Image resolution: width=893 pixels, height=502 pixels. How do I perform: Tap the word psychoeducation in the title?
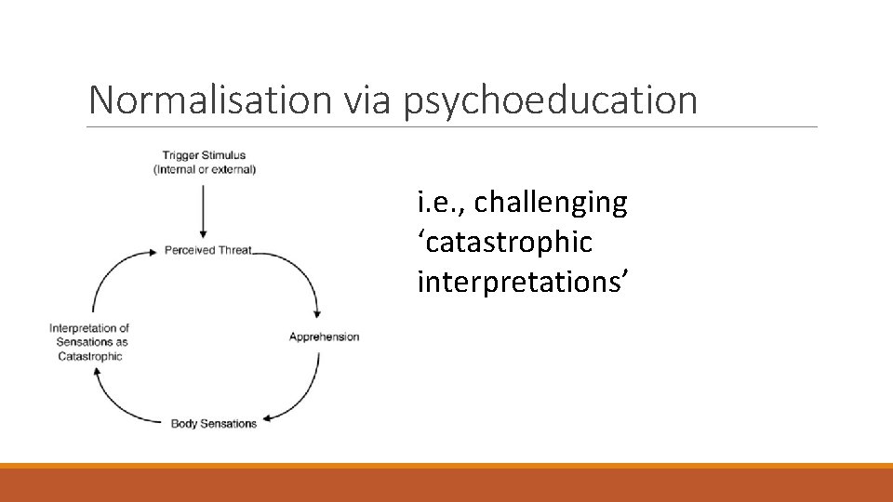pyautogui.click(x=551, y=99)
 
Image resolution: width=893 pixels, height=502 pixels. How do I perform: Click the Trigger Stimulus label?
pyautogui.click(x=205, y=155)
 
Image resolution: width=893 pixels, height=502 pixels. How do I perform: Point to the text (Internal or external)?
pyautogui.click(x=205, y=169)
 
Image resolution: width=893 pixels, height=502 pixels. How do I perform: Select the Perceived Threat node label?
pyautogui.click(x=208, y=250)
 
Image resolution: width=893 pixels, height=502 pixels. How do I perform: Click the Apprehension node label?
pyautogui.click(x=324, y=337)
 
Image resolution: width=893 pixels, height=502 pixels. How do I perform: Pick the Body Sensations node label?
pyautogui.click(x=214, y=424)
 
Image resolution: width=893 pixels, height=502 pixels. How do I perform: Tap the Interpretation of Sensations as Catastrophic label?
pyautogui.click(x=89, y=341)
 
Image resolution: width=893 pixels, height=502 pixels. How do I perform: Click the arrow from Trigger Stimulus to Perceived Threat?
pyautogui.click(x=204, y=209)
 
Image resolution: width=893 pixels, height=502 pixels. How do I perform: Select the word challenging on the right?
pyautogui.click(x=551, y=203)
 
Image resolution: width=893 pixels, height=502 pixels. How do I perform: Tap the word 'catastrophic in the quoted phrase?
pyautogui.click(x=504, y=243)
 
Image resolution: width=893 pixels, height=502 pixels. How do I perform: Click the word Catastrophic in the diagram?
pyautogui.click(x=89, y=355)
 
